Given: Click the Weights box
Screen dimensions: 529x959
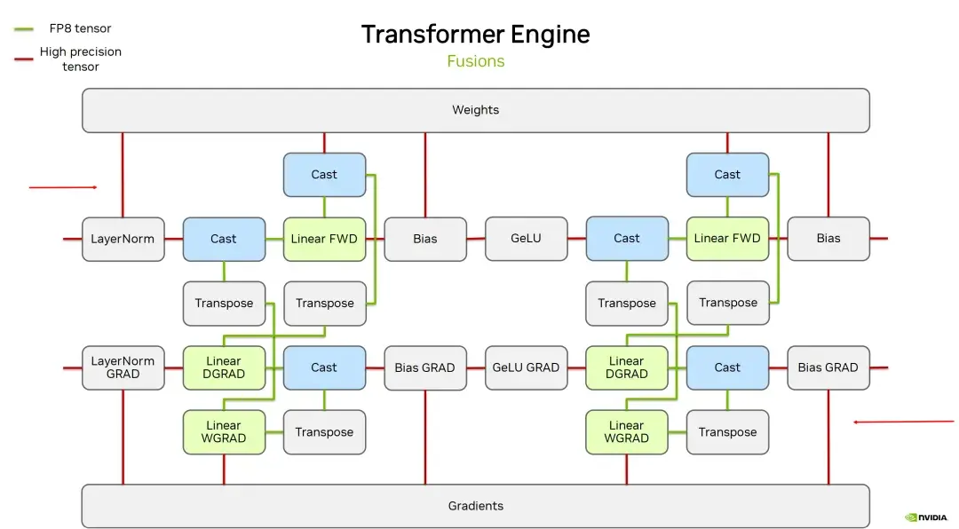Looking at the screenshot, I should pyautogui.click(x=475, y=110).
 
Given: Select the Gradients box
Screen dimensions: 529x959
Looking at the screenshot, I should pyautogui.click(x=475, y=506).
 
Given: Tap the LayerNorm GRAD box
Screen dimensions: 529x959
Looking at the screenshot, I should pyautogui.click(x=123, y=367).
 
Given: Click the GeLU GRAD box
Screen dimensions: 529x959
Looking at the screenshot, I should pyautogui.click(x=526, y=367).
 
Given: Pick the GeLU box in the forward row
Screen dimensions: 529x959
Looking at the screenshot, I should pyautogui.click(x=526, y=239).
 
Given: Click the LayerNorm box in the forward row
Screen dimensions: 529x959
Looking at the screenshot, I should pyautogui.click(x=123, y=239).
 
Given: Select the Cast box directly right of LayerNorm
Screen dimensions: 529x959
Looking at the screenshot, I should pyautogui.click(x=224, y=239).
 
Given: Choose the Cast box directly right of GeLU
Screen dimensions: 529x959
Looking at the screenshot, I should pyautogui.click(x=627, y=239).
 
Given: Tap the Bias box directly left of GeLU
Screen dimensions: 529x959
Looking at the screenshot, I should pyautogui.click(x=425, y=239).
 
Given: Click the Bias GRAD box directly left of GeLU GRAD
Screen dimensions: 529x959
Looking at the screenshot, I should pyautogui.click(x=425, y=367).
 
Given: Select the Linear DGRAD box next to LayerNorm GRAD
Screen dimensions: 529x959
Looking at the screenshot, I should pyautogui.click(x=224, y=367).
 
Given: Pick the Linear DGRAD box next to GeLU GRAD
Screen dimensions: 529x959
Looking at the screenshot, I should pyautogui.click(x=627, y=367).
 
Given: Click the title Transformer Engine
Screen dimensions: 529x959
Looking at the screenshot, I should pyautogui.click(x=475, y=35).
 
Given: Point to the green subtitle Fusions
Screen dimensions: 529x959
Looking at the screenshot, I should pyautogui.click(x=475, y=61).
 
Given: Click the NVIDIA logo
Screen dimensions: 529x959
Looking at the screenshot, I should pyautogui.click(x=926, y=517).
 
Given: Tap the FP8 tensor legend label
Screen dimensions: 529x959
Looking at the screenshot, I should pyautogui.click(x=81, y=28).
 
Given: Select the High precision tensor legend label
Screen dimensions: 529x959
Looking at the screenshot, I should pyautogui.click(x=81, y=59).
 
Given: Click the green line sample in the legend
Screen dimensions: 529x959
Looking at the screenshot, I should pyautogui.click(x=24, y=29).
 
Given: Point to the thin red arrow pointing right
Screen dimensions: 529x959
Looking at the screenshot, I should pyautogui.click(x=63, y=187).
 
